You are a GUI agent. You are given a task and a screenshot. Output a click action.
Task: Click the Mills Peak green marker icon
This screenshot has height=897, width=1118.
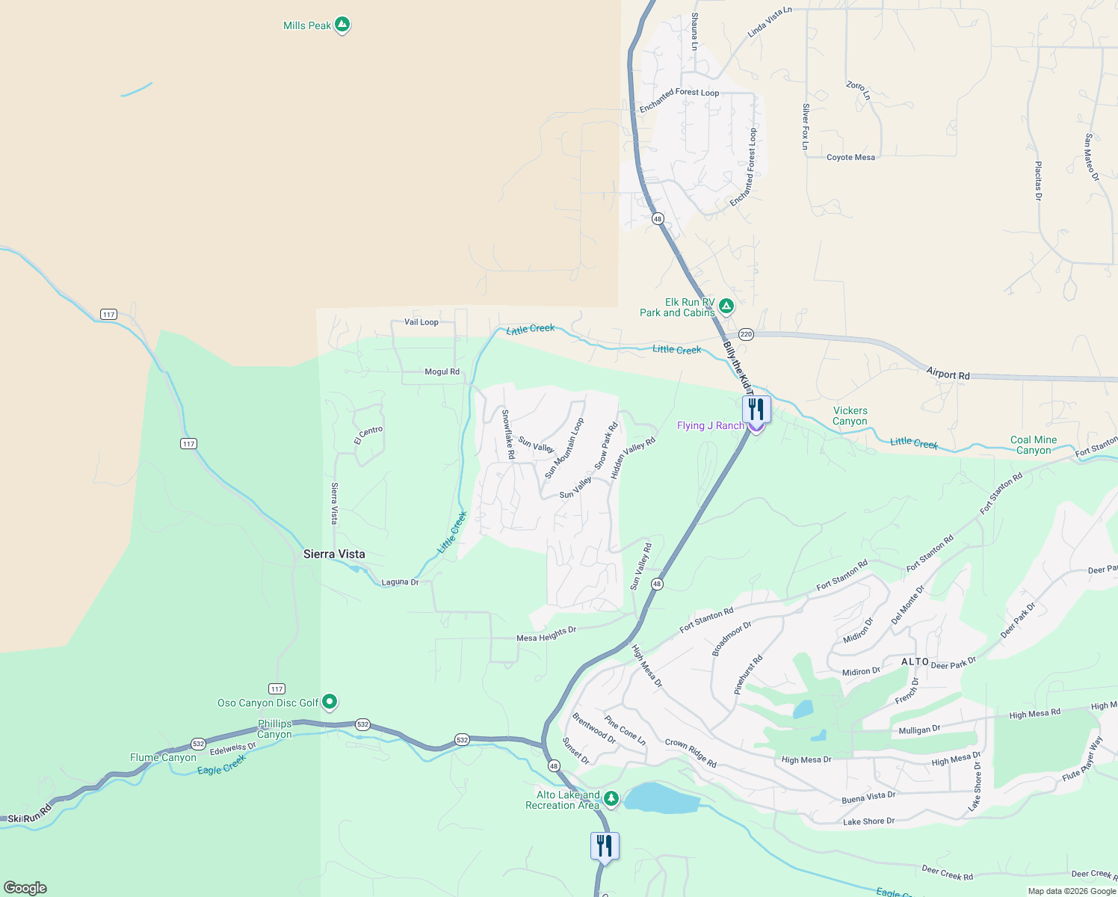342,25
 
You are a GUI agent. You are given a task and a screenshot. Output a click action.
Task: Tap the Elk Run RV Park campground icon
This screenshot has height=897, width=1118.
726,306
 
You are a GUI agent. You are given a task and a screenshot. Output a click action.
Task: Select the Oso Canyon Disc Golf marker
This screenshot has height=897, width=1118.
330,702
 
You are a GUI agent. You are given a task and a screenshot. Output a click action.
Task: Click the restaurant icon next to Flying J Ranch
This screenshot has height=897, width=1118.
756,410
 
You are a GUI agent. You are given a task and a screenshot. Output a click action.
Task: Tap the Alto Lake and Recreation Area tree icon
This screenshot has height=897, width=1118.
611,798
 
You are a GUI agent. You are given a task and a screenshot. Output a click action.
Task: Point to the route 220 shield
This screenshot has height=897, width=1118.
746,334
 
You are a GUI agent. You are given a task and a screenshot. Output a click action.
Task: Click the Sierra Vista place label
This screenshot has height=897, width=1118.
334,554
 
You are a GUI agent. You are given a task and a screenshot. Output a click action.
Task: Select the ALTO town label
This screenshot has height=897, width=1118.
915,662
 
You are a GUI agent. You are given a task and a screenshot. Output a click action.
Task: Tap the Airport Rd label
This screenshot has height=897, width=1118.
948,374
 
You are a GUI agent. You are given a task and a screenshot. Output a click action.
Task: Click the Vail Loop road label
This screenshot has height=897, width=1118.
421,322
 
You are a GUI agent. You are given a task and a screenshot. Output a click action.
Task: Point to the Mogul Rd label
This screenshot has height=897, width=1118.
442,372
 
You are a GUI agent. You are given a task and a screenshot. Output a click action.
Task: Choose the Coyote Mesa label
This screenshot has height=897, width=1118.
850,158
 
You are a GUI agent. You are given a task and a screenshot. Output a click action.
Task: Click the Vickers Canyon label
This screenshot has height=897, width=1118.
850,416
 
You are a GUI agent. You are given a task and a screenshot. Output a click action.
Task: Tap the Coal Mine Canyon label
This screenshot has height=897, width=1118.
1034,445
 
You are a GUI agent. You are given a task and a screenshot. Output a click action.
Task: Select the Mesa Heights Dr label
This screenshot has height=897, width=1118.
546,635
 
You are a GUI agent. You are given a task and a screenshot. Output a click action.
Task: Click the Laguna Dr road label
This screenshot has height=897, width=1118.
400,582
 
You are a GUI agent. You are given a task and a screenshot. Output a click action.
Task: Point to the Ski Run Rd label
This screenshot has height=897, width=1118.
31,814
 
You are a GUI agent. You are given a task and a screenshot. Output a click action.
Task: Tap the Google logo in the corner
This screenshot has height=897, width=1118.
25,888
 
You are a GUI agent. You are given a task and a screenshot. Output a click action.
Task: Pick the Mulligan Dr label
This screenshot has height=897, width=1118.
919,730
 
